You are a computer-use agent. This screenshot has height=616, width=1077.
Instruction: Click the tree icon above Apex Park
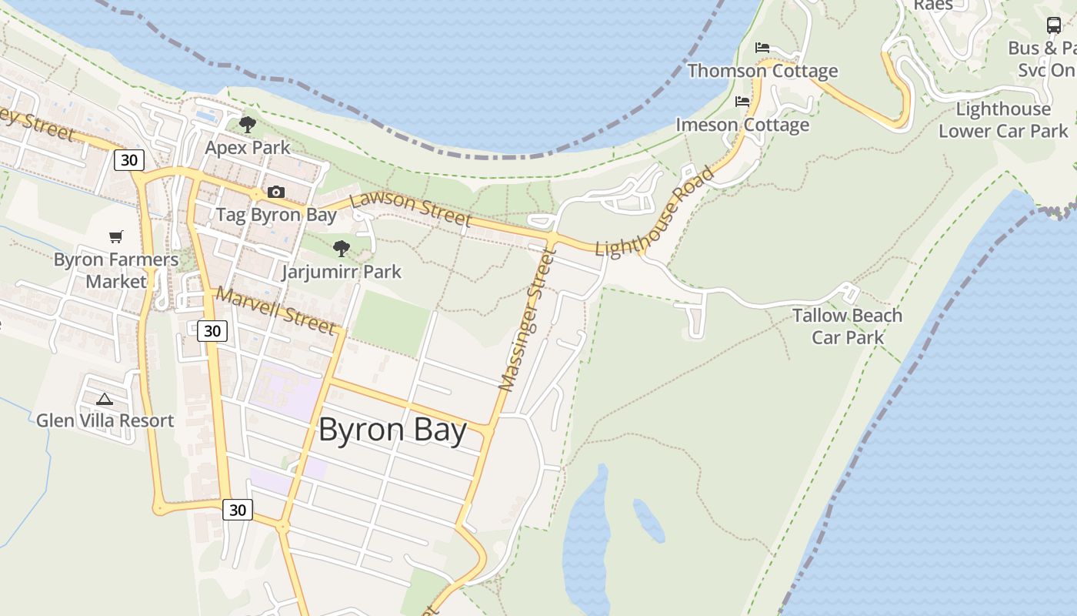pyautogui.click(x=247, y=124)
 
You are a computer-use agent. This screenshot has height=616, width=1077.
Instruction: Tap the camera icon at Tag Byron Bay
pyautogui.click(x=275, y=192)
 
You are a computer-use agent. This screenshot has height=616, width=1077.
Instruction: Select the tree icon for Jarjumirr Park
pyautogui.click(x=342, y=248)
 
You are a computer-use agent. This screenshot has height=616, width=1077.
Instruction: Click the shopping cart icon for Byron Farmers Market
pyautogui.click(x=115, y=237)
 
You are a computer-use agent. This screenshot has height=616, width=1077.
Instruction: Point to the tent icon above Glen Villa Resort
pyautogui.click(x=105, y=399)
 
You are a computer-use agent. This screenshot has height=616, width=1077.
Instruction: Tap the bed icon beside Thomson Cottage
pyautogui.click(x=762, y=48)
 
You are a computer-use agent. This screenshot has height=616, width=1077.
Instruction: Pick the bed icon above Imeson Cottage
pyautogui.click(x=742, y=101)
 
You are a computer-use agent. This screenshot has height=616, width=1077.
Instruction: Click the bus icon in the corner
pyautogui.click(x=1054, y=25)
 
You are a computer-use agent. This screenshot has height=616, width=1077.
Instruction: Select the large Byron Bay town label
pyautogui.click(x=392, y=430)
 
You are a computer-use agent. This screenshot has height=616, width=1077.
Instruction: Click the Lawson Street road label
pyautogui.click(x=410, y=209)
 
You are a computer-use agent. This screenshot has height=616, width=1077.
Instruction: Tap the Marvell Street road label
pyautogui.click(x=276, y=311)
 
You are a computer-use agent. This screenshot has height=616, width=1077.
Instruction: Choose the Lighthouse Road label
pyautogui.click(x=655, y=212)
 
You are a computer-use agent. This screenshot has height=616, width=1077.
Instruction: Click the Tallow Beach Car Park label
pyautogui.click(x=848, y=326)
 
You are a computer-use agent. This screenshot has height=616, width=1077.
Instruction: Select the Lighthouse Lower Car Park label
pyautogui.click(x=1004, y=120)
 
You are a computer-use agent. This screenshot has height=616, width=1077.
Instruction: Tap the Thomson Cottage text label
pyautogui.click(x=762, y=71)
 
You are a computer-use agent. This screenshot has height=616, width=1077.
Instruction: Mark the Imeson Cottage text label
pyautogui.click(x=742, y=125)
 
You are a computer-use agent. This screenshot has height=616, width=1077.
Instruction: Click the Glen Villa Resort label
pyautogui.click(x=105, y=420)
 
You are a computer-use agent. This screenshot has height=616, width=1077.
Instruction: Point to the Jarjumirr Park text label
pyautogui.click(x=342, y=272)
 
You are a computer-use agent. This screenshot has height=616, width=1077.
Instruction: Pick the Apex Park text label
pyautogui.click(x=248, y=147)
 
